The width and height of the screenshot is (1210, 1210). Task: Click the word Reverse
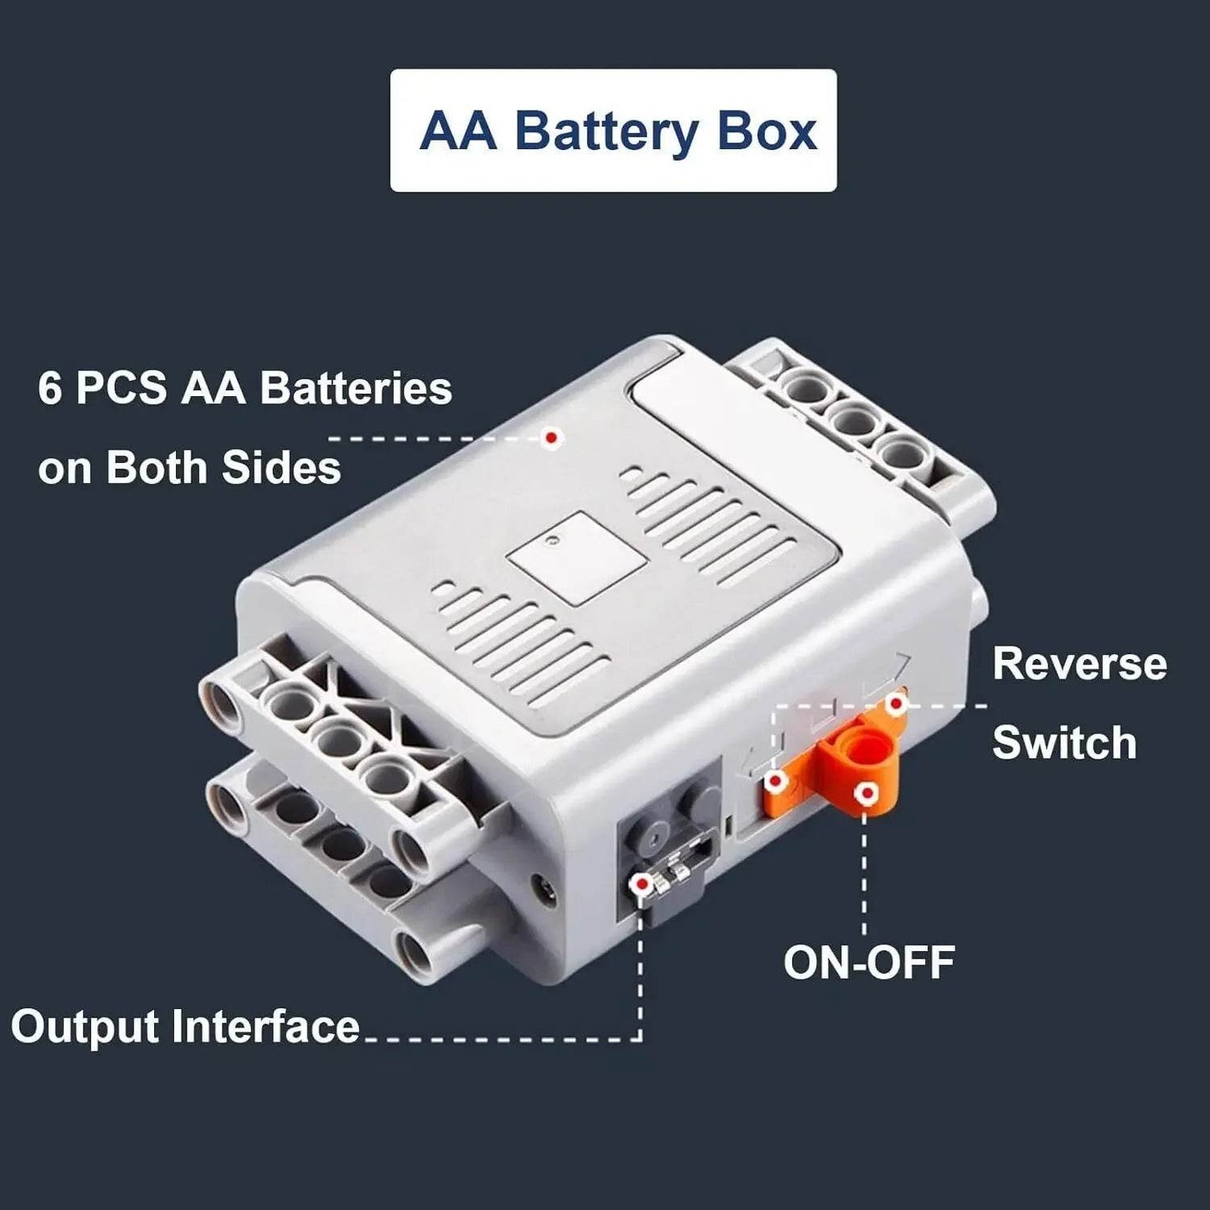click(x=1079, y=664)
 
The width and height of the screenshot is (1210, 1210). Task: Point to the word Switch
click(x=1064, y=743)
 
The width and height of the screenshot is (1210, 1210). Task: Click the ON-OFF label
click(x=869, y=963)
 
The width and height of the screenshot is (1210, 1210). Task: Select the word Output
click(x=85, y=1027)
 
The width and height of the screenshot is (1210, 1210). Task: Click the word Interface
click(x=265, y=1027)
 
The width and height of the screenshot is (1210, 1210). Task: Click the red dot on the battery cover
click(x=551, y=437)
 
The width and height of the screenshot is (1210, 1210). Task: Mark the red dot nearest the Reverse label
click(x=897, y=704)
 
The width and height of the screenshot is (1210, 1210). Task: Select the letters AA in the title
click(x=458, y=132)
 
